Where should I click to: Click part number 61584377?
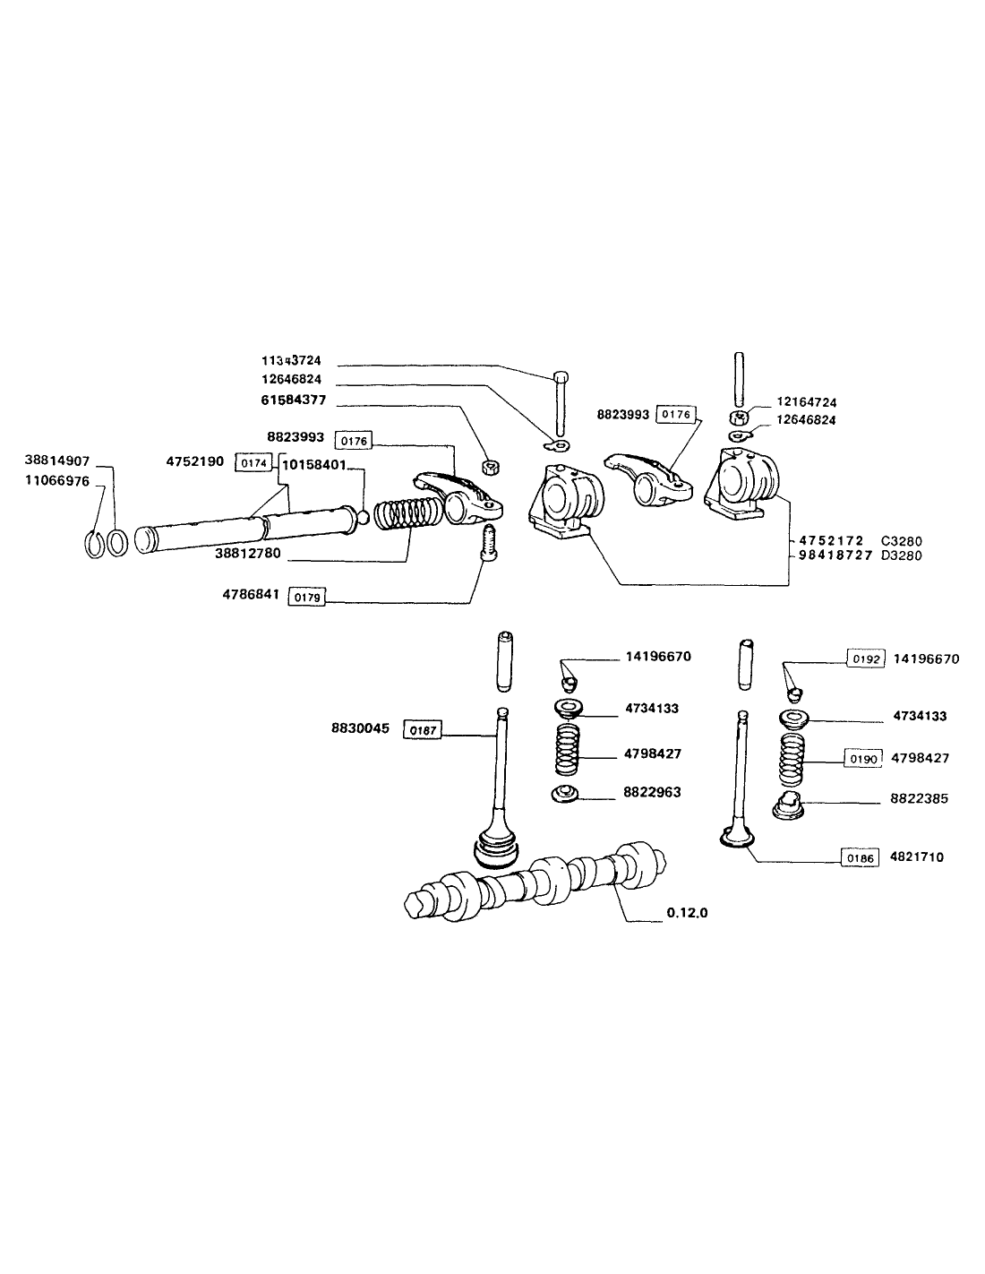[x=293, y=400]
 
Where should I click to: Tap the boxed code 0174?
[x=252, y=462]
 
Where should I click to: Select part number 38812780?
[x=247, y=554]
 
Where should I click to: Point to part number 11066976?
[x=57, y=479]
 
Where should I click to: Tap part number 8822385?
[x=921, y=797]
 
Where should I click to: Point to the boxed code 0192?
[x=866, y=659]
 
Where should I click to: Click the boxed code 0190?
[x=861, y=758]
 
